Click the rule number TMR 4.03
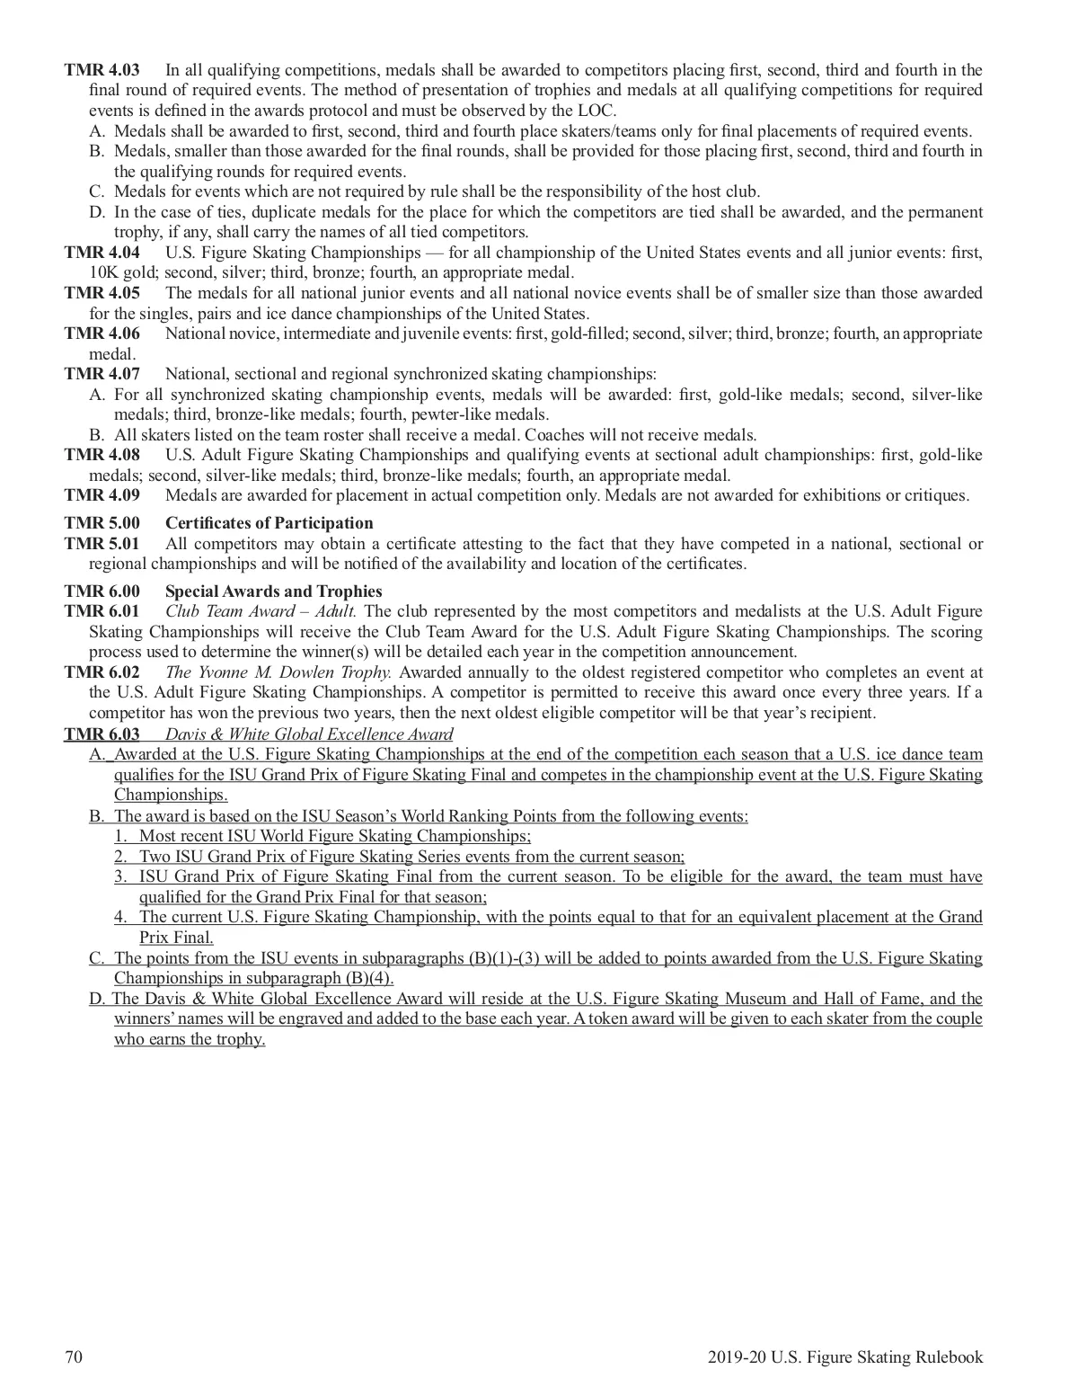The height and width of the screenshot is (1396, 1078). point(102,70)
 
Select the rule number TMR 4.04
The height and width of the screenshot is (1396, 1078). point(102,253)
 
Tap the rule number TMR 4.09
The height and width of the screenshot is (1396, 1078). point(102,495)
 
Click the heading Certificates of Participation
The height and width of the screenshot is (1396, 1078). point(269,523)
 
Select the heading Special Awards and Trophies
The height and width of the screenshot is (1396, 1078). point(274,591)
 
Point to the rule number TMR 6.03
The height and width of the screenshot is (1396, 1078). point(102,734)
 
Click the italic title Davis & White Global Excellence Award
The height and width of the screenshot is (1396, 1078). point(309,734)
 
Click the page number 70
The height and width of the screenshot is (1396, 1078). point(74,1358)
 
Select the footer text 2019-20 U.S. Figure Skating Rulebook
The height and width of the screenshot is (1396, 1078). point(845,1358)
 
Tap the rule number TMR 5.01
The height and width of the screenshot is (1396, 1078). point(102,544)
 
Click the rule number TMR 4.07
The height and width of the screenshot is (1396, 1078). point(102,374)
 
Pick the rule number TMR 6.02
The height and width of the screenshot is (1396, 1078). point(102,672)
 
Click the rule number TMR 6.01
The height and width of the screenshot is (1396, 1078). point(102,612)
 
